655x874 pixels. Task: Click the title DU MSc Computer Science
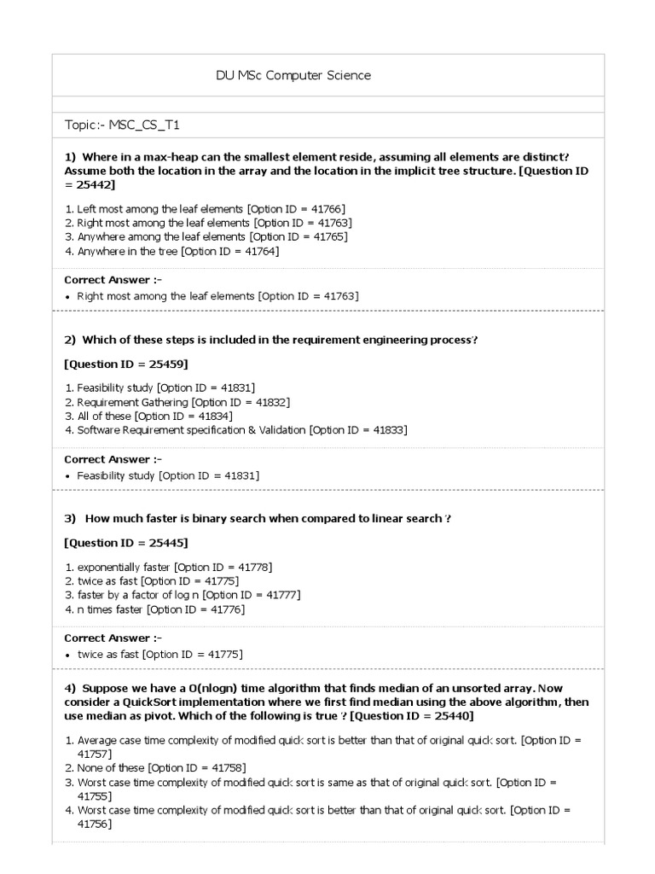point(293,76)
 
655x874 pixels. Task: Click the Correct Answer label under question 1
point(113,280)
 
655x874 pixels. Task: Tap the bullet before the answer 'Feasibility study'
point(68,475)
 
